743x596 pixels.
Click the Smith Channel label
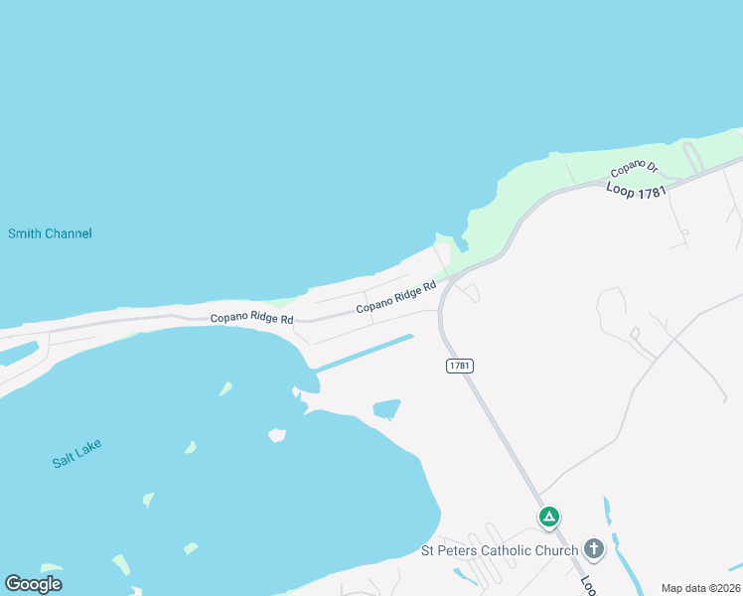coord(50,233)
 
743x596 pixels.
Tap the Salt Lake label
coord(77,454)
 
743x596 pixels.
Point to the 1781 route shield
coord(459,366)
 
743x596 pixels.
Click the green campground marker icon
coord(548,518)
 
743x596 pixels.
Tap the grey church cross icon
coord(594,548)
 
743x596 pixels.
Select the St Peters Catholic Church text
coord(500,550)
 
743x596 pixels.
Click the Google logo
coord(34,584)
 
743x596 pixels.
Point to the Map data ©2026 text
coord(700,588)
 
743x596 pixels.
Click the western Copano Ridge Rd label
coord(252,319)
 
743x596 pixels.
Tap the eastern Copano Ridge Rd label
coord(396,297)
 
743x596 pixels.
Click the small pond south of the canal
coord(386,408)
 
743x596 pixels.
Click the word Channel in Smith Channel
coord(69,233)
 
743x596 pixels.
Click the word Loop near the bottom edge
coord(587,585)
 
